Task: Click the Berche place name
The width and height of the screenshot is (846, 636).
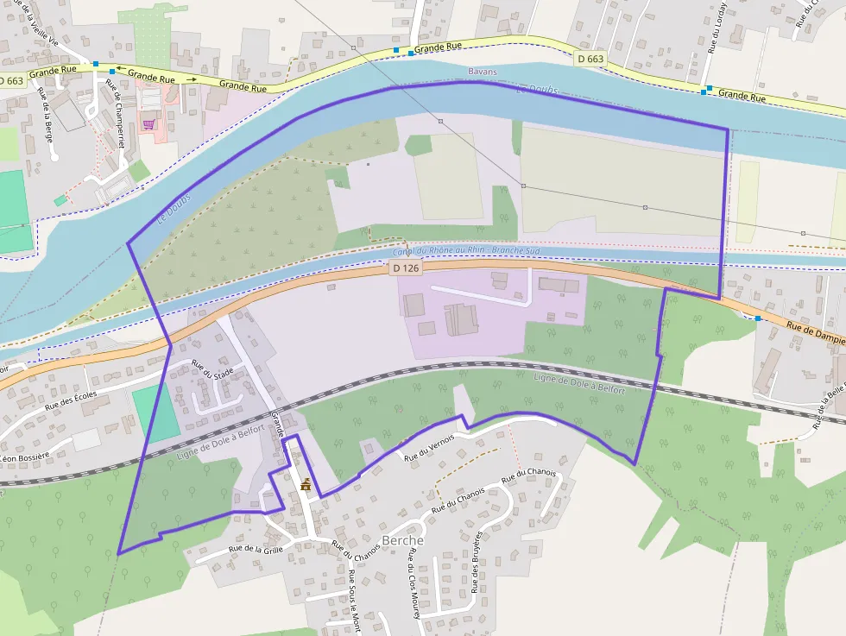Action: tap(401, 540)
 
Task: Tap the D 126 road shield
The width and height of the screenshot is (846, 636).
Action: tap(406, 268)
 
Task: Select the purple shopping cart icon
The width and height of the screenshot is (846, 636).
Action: tap(149, 124)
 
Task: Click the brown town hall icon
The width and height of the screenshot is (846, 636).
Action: tap(305, 485)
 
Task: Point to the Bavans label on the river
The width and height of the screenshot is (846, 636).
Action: tap(483, 71)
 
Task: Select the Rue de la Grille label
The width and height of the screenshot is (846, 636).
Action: tap(256, 549)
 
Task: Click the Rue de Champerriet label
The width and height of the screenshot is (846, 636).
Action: tap(116, 113)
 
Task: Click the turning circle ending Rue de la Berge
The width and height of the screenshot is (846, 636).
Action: tap(54, 157)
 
